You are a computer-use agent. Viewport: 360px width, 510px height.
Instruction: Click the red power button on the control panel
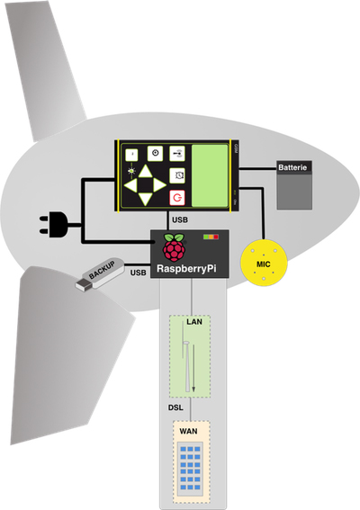(x=178, y=196)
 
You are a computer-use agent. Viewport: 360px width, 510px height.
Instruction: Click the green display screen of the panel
(x=211, y=176)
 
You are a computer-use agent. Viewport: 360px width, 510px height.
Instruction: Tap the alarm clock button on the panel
(x=179, y=174)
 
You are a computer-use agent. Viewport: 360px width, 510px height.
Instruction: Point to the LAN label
(x=193, y=321)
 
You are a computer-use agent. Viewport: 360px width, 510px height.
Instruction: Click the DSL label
(x=177, y=407)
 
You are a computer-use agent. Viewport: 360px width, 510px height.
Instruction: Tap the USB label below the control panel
(x=180, y=219)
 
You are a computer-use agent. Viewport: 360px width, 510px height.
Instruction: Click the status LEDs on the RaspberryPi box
(x=211, y=237)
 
